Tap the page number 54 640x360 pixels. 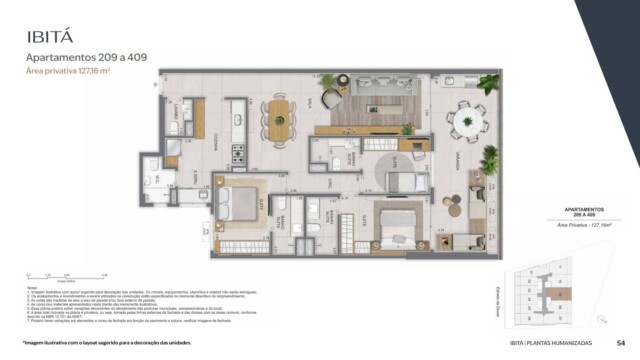(x=620, y=342)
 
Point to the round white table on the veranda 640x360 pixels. (x=467, y=122)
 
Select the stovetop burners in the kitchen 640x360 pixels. (x=238, y=153)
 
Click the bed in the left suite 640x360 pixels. (x=240, y=203)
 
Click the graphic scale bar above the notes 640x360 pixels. (x=60, y=277)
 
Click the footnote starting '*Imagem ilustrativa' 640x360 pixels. (x=100, y=342)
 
